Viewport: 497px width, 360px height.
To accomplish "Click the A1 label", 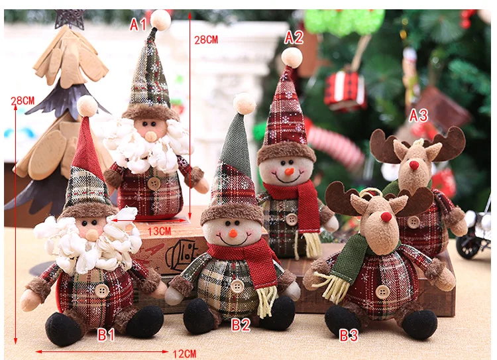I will click(138, 25).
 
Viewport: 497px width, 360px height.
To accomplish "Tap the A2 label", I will click(294, 38).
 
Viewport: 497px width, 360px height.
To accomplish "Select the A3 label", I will click(418, 115).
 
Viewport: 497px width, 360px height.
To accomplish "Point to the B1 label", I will click(107, 334).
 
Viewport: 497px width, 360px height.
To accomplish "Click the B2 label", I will click(241, 325).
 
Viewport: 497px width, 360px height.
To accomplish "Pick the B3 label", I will click(349, 335).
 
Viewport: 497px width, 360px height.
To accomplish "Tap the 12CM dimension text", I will click(184, 353).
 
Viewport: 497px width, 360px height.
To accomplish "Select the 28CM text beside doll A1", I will click(205, 40).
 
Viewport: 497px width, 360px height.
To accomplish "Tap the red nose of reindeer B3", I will click(386, 216).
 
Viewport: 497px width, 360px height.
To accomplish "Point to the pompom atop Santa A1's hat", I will click(160, 20).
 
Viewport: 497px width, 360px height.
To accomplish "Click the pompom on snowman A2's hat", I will click(292, 58).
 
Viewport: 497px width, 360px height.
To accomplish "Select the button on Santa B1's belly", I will click(101, 290).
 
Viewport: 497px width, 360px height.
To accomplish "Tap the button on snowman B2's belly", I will click(237, 286).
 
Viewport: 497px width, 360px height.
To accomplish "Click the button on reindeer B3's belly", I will click(382, 292).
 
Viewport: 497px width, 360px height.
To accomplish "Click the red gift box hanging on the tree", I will click(345, 90).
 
